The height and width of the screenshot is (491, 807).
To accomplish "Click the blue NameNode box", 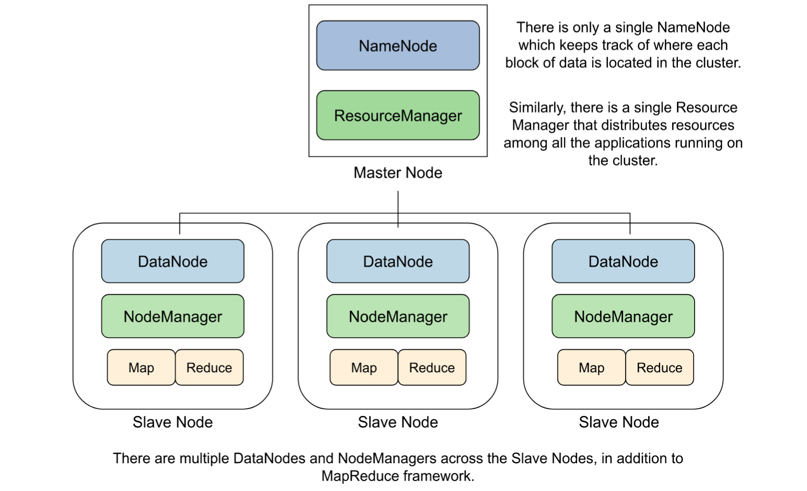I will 398,45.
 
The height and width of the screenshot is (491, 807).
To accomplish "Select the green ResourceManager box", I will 398,115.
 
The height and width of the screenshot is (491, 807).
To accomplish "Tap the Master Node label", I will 398,173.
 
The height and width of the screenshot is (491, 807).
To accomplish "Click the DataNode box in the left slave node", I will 172,261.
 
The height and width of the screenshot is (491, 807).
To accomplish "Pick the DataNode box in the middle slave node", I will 398,261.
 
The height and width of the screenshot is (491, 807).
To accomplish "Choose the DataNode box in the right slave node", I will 623,261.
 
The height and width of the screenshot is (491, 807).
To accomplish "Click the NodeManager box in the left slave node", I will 172,316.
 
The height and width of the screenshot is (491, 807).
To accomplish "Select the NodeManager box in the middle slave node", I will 398,316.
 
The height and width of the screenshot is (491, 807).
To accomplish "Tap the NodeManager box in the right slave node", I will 623,316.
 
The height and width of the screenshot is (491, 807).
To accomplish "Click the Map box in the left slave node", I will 141,368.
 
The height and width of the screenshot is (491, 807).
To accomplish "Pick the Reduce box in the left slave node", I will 209,368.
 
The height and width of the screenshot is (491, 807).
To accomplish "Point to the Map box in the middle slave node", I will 364,368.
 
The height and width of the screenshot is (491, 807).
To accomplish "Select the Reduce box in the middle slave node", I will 432,368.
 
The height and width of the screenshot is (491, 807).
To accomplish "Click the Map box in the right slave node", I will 591,368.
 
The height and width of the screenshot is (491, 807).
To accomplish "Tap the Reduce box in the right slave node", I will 659,368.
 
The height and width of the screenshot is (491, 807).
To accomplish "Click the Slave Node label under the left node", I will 172,422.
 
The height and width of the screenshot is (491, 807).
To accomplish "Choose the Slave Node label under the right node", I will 619,422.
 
